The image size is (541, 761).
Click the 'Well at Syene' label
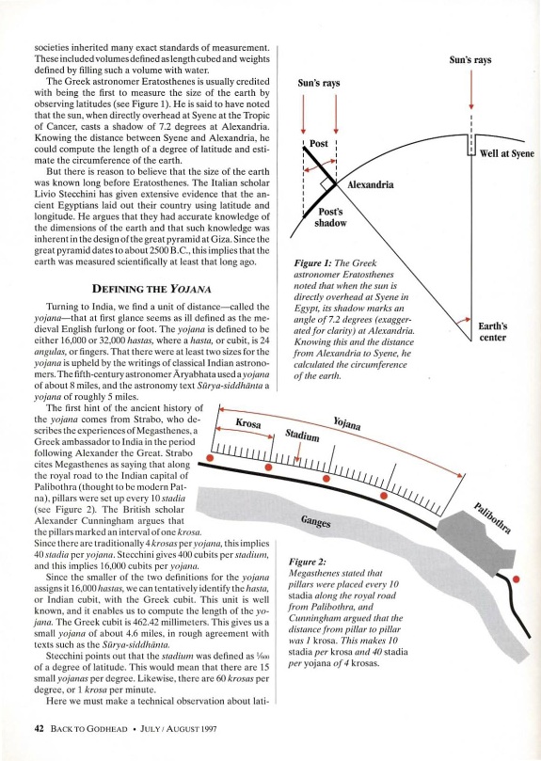[506, 153]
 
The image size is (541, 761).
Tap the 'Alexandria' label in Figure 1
[370, 184]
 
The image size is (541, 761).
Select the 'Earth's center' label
[492, 331]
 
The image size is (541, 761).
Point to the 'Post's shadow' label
[330, 217]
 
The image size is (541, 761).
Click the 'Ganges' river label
[316, 521]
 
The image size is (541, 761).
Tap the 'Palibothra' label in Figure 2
[492, 518]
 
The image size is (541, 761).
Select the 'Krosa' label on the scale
[248, 422]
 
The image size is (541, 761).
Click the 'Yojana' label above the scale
[347, 423]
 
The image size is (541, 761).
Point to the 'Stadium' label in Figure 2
[302, 435]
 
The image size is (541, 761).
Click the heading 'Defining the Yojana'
[151, 289]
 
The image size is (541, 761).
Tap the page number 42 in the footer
[40, 728]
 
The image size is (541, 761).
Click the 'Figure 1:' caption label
[313, 263]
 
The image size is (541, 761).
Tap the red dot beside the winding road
[517, 579]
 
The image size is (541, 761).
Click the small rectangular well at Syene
[471, 145]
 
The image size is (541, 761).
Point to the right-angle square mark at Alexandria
[326, 184]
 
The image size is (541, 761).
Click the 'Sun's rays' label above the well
[470, 59]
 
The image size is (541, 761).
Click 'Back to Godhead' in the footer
[88, 728]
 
